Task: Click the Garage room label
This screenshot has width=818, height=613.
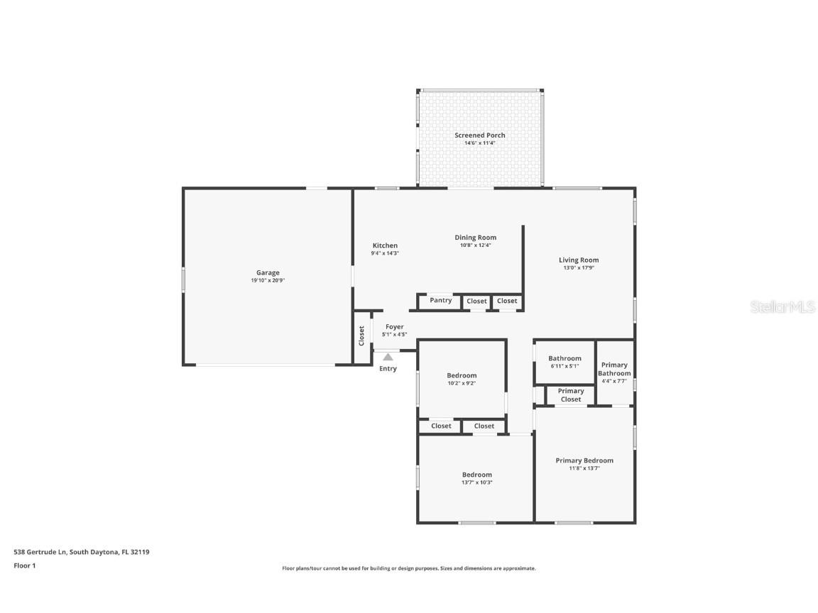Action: tap(268, 272)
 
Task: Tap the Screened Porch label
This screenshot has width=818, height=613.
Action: tap(480, 135)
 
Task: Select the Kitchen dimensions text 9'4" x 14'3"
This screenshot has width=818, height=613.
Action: tap(385, 253)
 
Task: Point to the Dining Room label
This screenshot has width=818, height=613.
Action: tap(476, 238)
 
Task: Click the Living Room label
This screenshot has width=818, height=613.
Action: tap(579, 260)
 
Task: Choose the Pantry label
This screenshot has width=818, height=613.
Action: tap(440, 300)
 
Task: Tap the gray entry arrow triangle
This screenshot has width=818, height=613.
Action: tap(388, 358)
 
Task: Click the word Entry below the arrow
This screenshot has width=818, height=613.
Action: tap(388, 369)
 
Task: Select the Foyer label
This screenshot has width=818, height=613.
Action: tap(395, 327)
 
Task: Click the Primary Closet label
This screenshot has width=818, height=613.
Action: tap(571, 395)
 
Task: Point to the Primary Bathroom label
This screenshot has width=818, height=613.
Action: tap(614, 369)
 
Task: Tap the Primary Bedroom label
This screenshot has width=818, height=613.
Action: tap(584, 460)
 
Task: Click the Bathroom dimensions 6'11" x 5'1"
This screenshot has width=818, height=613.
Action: tap(565, 366)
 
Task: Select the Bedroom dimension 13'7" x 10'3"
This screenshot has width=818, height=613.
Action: tap(477, 482)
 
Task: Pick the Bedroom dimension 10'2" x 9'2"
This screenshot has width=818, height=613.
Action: tap(462, 383)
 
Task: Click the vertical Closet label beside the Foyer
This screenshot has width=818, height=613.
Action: tap(361, 336)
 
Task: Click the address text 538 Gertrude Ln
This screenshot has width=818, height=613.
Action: tap(40, 551)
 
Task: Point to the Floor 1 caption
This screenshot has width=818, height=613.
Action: tap(24, 565)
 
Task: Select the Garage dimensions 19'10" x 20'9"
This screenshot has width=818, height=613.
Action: tap(268, 280)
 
